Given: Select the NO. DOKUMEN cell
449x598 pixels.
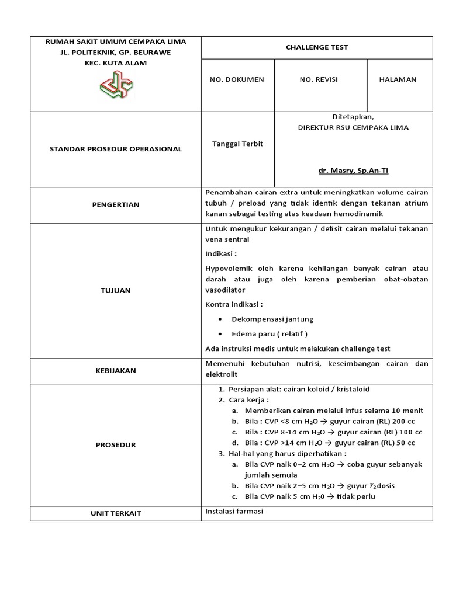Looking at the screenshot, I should coord(237,79).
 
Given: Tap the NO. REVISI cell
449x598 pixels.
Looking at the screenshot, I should coord(319,79).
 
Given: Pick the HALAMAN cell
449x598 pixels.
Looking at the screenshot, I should coord(401,79).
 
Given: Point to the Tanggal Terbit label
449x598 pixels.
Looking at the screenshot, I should coord(237,144).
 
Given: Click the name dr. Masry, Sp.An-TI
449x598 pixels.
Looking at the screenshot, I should coord(353,171).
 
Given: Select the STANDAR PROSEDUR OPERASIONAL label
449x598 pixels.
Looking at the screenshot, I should coord(116,149).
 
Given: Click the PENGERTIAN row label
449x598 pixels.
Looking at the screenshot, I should coord(116,204).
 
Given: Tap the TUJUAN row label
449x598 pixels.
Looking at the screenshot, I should coord(116,290).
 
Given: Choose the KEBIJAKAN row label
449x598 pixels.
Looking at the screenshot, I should coord(116,370).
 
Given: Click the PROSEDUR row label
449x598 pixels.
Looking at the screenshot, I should coord(116,444).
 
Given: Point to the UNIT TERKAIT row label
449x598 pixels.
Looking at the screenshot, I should coord(116,513).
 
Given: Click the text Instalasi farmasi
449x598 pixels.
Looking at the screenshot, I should coord(234,512).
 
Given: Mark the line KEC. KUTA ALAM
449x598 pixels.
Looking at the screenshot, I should coord(116,62).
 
